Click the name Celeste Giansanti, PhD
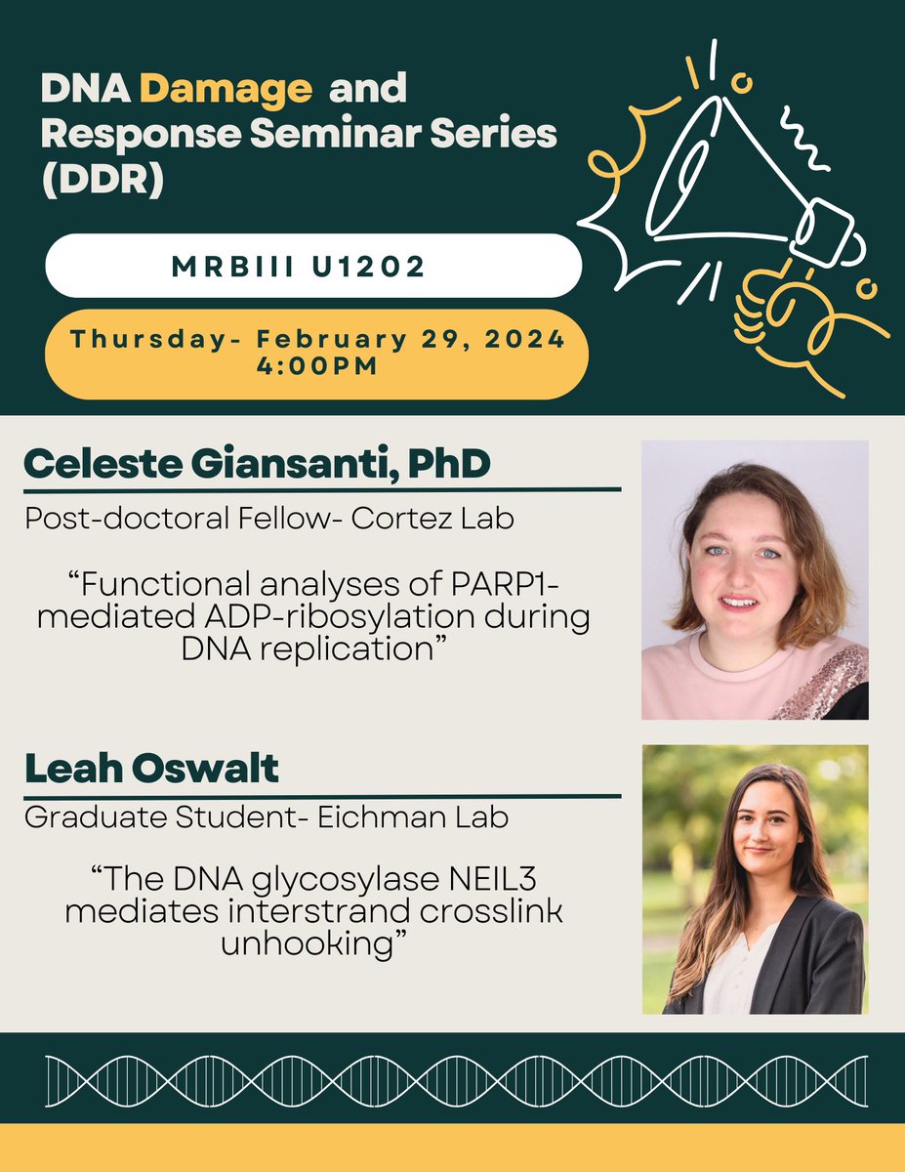coord(257,465)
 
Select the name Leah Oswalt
coord(151,770)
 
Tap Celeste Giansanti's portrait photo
coord(755,579)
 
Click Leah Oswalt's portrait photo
coord(755,879)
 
